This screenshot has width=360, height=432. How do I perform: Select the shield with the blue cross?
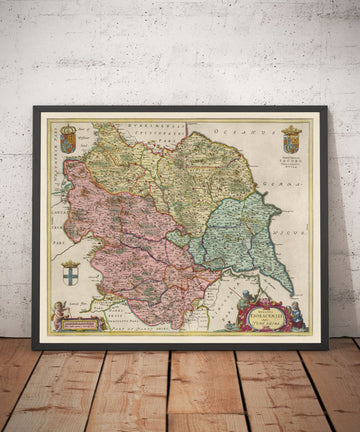tap(69, 274)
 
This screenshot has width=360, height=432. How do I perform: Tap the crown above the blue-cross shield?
tap(69, 262)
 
